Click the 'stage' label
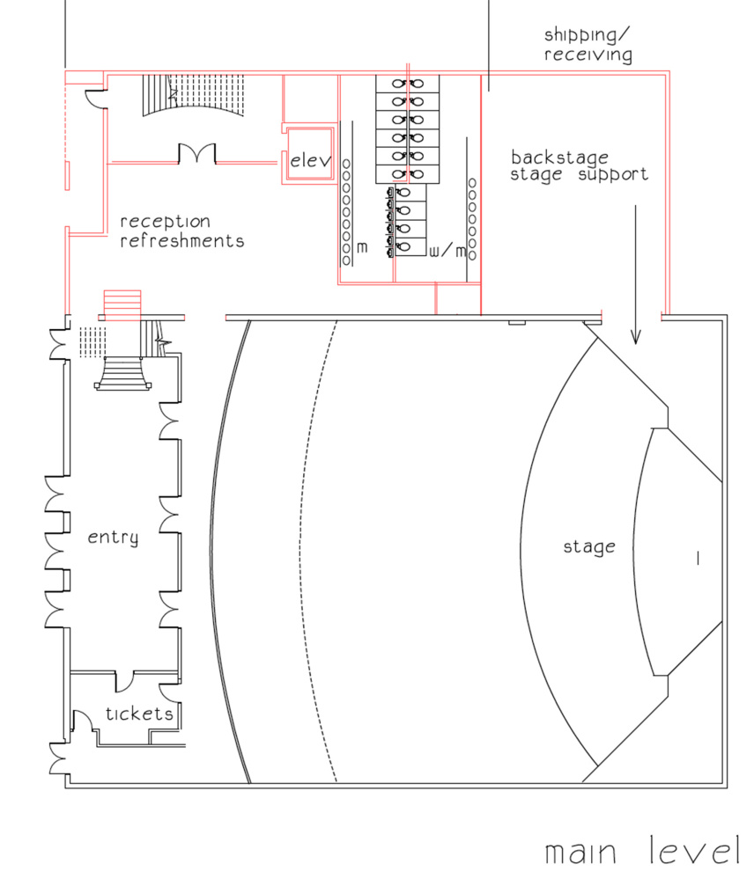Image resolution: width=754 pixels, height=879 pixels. pos(589,546)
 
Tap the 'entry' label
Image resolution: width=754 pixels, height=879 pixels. pos(113,538)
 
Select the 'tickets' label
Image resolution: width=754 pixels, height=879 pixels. pos(139,714)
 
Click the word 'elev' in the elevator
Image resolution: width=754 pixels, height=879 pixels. pos(310,160)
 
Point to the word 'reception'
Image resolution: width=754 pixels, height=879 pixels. pos(165,222)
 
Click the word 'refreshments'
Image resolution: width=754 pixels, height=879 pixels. pos(182,240)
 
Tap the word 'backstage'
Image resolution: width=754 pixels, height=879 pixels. pos(559,157)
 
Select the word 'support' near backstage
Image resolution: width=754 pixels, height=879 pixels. pos(613,174)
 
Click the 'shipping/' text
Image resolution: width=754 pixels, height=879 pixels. pos(587,35)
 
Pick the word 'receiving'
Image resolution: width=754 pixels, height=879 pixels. pos(588,55)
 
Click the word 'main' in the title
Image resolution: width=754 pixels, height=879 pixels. pos(580,853)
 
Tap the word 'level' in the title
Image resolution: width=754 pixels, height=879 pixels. pos(694,851)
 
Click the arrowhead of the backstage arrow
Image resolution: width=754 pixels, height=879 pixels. pos(636,336)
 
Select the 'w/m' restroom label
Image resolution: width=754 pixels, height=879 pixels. pos(447,251)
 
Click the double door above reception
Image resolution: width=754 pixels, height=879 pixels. pos(197,154)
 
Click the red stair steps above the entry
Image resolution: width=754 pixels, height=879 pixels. pos(122,305)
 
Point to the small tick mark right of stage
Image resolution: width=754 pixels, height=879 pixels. pos(698,558)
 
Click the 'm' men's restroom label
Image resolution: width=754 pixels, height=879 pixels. pos(362,247)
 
